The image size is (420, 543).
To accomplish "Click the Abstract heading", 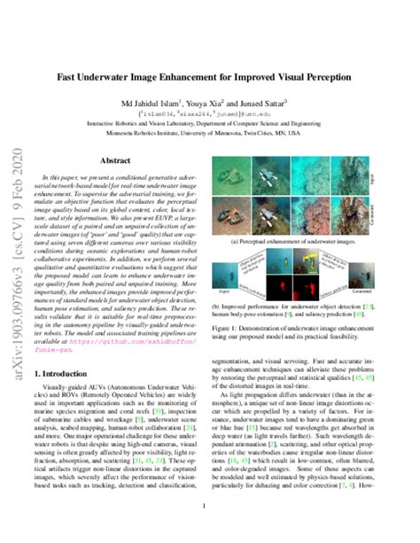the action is pos(115,161).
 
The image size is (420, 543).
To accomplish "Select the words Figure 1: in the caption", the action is pos(225,328).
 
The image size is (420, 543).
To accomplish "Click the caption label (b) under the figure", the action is pos(215,306).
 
